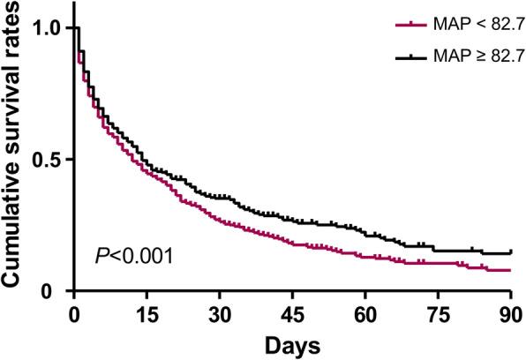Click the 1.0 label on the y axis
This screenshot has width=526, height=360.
[46, 28]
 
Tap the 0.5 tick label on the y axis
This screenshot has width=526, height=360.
[46, 160]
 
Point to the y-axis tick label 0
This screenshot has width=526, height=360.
[56, 291]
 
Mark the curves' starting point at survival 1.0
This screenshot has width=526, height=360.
[76, 28]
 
